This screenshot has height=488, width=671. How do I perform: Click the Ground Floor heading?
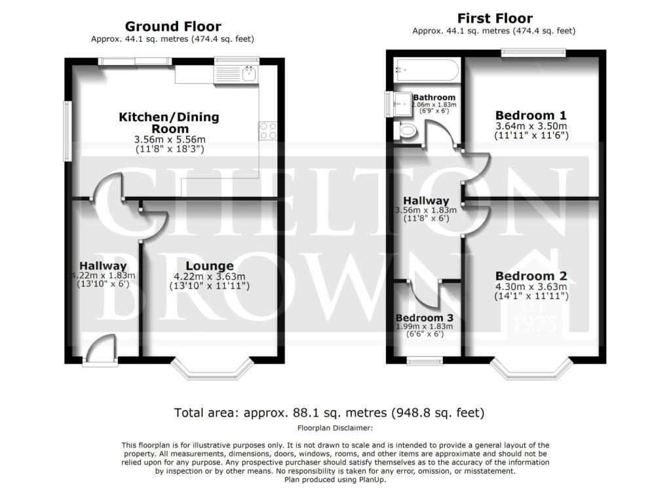[x=173, y=26]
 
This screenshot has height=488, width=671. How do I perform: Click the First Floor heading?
[x=495, y=18]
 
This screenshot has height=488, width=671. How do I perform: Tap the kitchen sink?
[x=248, y=74]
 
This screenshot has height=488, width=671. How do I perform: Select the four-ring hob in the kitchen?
[x=268, y=131]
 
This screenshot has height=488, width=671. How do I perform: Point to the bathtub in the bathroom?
[x=427, y=70]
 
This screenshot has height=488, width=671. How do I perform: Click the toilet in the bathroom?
[x=405, y=131]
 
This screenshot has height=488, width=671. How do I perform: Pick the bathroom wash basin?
[x=402, y=104]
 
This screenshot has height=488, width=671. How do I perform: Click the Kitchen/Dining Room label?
[x=169, y=123]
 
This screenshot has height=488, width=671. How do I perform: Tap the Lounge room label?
[x=209, y=266]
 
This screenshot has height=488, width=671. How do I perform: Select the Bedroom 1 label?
[x=531, y=115]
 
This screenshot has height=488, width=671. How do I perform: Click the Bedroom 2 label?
[x=531, y=276]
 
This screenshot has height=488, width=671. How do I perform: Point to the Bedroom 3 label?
[x=424, y=318]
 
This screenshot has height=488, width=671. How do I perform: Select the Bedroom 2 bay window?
[x=531, y=369]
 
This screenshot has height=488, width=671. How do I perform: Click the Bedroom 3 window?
[x=425, y=361]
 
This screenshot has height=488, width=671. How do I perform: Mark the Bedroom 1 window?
[x=533, y=52]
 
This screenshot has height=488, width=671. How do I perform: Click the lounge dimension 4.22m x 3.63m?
[x=209, y=277]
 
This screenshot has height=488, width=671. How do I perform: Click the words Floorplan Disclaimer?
[x=335, y=428]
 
